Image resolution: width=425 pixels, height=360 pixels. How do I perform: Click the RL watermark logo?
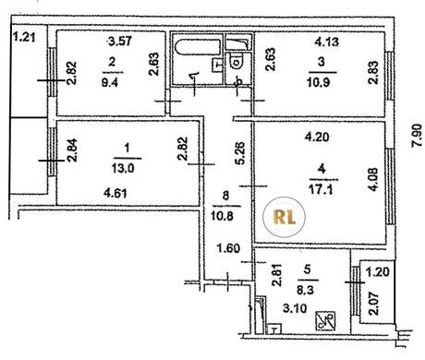(x=284, y=217)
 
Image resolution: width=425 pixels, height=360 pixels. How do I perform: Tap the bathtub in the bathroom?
(x=198, y=48)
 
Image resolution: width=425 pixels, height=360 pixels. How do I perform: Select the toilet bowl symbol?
(x=237, y=63)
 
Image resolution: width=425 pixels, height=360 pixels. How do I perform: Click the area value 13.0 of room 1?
(x=123, y=168)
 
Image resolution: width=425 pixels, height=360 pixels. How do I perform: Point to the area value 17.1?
(x=321, y=189)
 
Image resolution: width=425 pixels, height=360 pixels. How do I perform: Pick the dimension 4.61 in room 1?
(x=115, y=194)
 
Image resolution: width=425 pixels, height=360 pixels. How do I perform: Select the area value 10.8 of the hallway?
(x=222, y=216)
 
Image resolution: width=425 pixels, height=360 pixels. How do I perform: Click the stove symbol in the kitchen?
(x=325, y=320)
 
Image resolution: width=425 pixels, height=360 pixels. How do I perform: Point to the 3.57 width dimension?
(x=120, y=41)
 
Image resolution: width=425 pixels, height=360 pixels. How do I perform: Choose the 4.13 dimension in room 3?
(x=326, y=42)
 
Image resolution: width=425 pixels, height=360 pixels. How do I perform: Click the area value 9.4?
(x=110, y=82)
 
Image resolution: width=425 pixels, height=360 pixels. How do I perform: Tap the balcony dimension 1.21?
(x=25, y=38)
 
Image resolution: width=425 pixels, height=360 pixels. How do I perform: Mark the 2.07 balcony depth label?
(x=373, y=303)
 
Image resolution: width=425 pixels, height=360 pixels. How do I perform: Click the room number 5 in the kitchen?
(x=307, y=270)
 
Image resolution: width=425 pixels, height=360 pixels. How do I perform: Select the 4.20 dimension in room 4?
(x=317, y=137)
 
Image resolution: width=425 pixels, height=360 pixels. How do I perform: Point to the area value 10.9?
(x=319, y=82)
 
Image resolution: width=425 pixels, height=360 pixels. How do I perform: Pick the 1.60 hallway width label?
(x=228, y=247)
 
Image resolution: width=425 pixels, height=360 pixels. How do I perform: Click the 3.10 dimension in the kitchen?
(x=295, y=308)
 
